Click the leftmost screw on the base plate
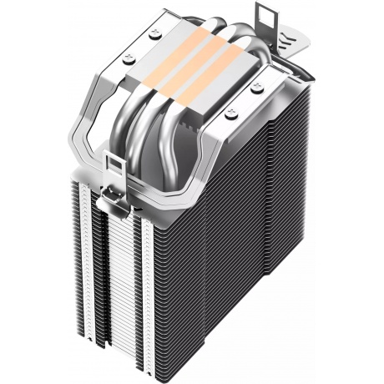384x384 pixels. point(129,59)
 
